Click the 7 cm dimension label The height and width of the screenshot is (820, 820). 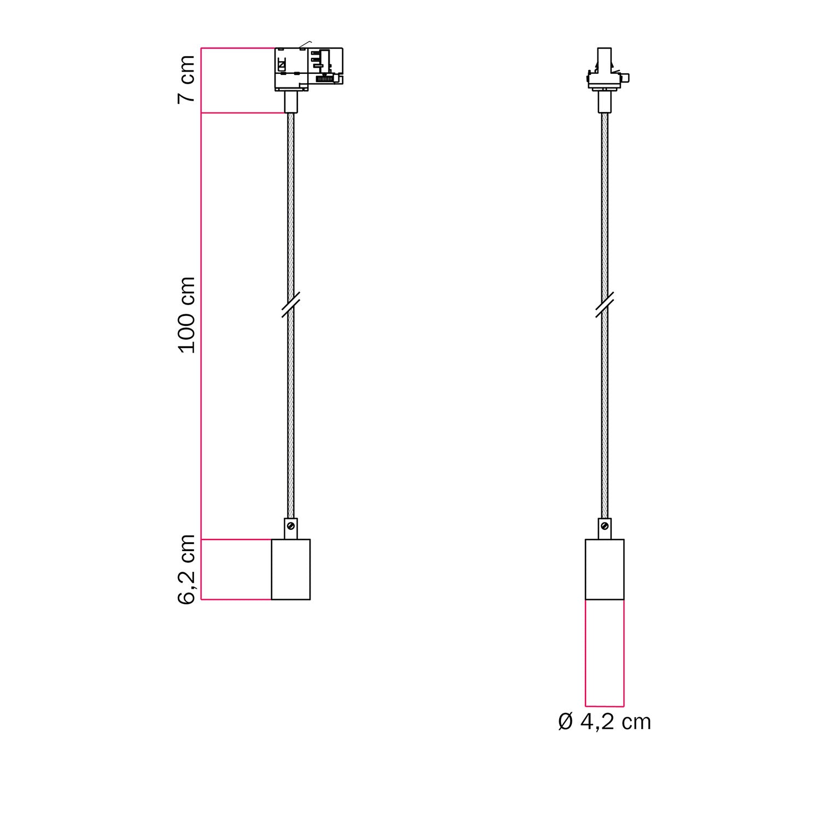[x=187, y=79]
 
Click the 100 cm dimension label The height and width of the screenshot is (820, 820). [x=187, y=315]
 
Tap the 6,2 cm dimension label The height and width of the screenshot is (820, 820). [x=187, y=569]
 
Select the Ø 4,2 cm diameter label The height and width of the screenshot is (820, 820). [x=605, y=722]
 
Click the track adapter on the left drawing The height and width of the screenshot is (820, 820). [x=308, y=68]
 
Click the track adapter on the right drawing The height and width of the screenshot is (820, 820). [x=605, y=71]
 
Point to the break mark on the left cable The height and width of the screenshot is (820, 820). [x=291, y=304]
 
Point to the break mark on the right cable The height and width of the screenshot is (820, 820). [x=605, y=304]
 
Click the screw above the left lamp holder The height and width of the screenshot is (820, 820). [x=291, y=526]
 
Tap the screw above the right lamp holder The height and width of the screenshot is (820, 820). [x=605, y=526]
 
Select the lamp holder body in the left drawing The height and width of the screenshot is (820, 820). [x=291, y=569]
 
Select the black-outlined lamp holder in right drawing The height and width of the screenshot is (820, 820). [x=605, y=569]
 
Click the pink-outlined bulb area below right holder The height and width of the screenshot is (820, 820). [x=605, y=653]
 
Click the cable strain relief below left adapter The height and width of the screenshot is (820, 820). [x=291, y=102]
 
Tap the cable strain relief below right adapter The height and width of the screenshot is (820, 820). [x=605, y=102]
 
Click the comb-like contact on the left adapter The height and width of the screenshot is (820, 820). [x=325, y=79]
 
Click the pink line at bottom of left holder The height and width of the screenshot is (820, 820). [x=236, y=600]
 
